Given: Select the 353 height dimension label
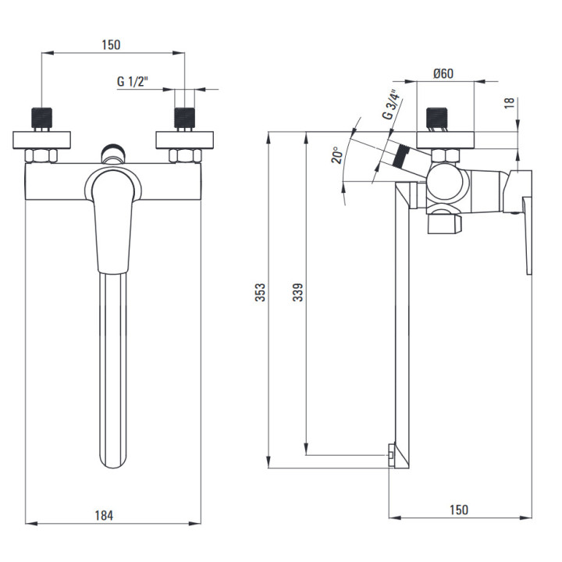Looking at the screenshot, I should tap(261, 292).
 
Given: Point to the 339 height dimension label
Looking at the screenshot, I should tap(297, 292).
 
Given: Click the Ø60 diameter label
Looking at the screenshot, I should tap(443, 74).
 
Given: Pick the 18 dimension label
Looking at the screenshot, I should tap(510, 103).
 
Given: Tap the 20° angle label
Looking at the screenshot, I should tap(336, 155).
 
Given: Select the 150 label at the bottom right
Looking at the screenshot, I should tap(459, 510).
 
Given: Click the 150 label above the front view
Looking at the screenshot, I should tap(112, 44).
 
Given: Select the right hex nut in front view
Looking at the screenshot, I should tap(185, 155).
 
